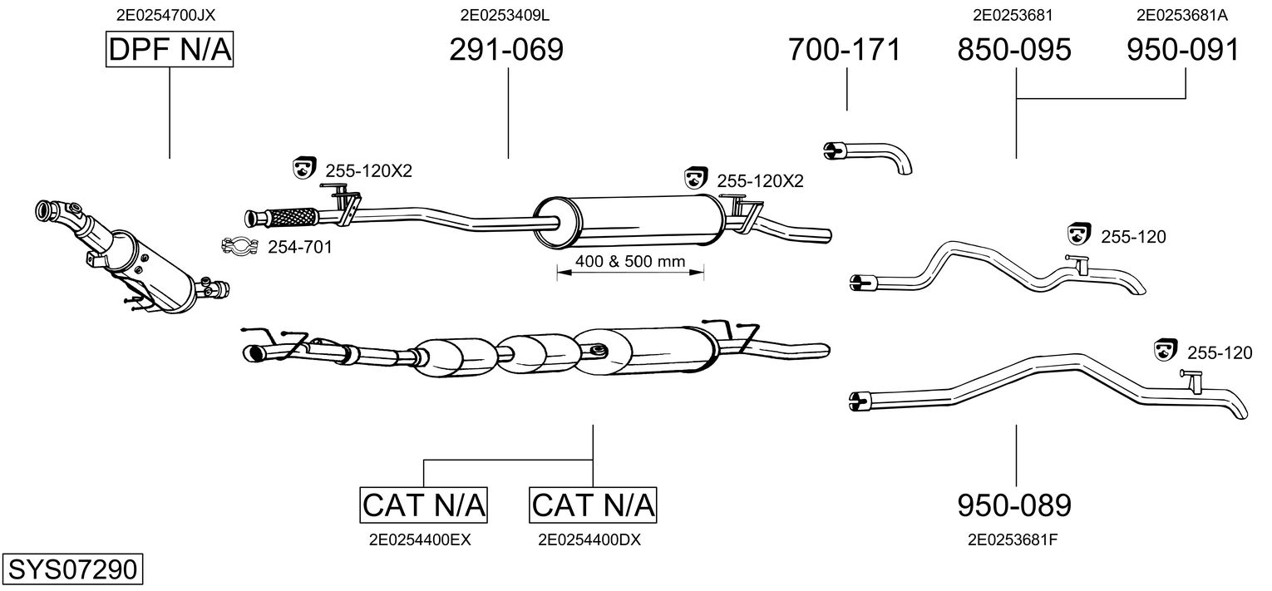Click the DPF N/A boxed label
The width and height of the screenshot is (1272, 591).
point(170,51)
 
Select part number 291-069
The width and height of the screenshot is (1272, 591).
point(506,50)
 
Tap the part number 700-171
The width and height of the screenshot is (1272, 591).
point(845,50)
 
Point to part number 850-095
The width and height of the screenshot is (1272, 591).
point(1014,50)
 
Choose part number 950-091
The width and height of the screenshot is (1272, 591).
point(1183,50)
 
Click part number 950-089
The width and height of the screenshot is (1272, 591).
point(1014,505)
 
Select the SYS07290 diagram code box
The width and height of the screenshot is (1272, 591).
point(71,569)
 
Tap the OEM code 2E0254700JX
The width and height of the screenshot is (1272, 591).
point(170,14)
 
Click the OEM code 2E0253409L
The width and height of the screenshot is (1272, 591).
point(505,14)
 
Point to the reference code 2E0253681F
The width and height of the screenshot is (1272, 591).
point(1013,539)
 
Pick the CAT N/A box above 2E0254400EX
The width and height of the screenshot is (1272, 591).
point(424,504)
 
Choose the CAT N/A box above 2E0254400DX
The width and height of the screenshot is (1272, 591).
point(593,504)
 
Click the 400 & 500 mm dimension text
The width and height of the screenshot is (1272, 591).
point(629,262)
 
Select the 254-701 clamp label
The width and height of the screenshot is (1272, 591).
point(299,246)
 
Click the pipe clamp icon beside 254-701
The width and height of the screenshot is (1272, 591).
point(239,246)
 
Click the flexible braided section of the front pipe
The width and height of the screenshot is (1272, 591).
point(291,217)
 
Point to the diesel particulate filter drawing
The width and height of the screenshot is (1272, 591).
point(133,258)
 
